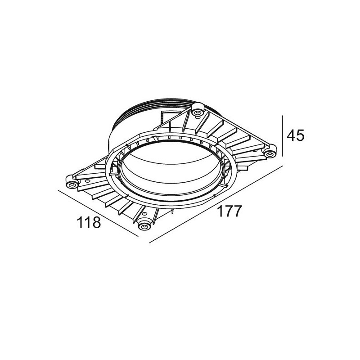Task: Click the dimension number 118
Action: [88, 223]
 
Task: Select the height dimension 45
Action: [295, 135]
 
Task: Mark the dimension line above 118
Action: [99, 213]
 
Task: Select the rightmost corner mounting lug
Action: [270, 154]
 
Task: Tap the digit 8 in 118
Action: [96, 223]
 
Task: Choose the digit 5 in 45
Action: [300, 135]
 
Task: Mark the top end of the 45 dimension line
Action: [282, 116]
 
